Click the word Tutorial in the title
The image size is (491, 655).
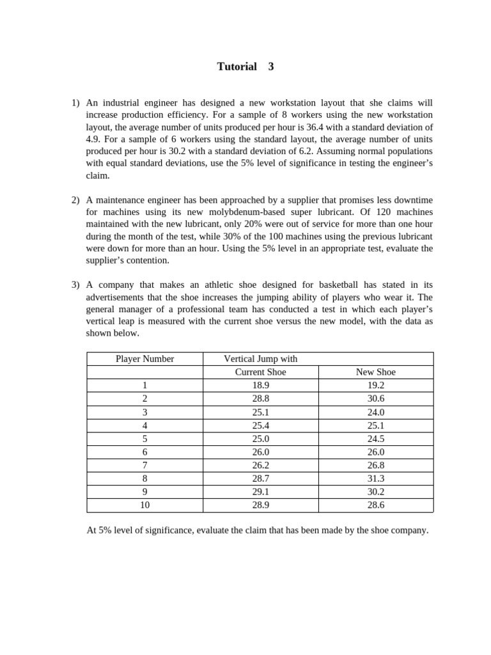[x=237, y=67]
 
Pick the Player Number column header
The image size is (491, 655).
[x=144, y=359]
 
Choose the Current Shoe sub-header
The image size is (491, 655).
[x=260, y=372]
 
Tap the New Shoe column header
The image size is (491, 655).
[x=375, y=372]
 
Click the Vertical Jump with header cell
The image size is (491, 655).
[x=260, y=359]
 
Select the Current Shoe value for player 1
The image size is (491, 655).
[x=260, y=386]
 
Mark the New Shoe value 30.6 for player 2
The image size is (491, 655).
[x=375, y=399]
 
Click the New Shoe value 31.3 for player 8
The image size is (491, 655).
[x=375, y=478]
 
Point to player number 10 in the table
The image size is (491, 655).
[x=144, y=505]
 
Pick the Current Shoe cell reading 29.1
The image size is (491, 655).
[x=260, y=492]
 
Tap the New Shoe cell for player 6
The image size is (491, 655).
[x=375, y=452]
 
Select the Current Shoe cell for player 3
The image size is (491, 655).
[x=260, y=413]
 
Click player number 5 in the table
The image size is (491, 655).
[x=144, y=439]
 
